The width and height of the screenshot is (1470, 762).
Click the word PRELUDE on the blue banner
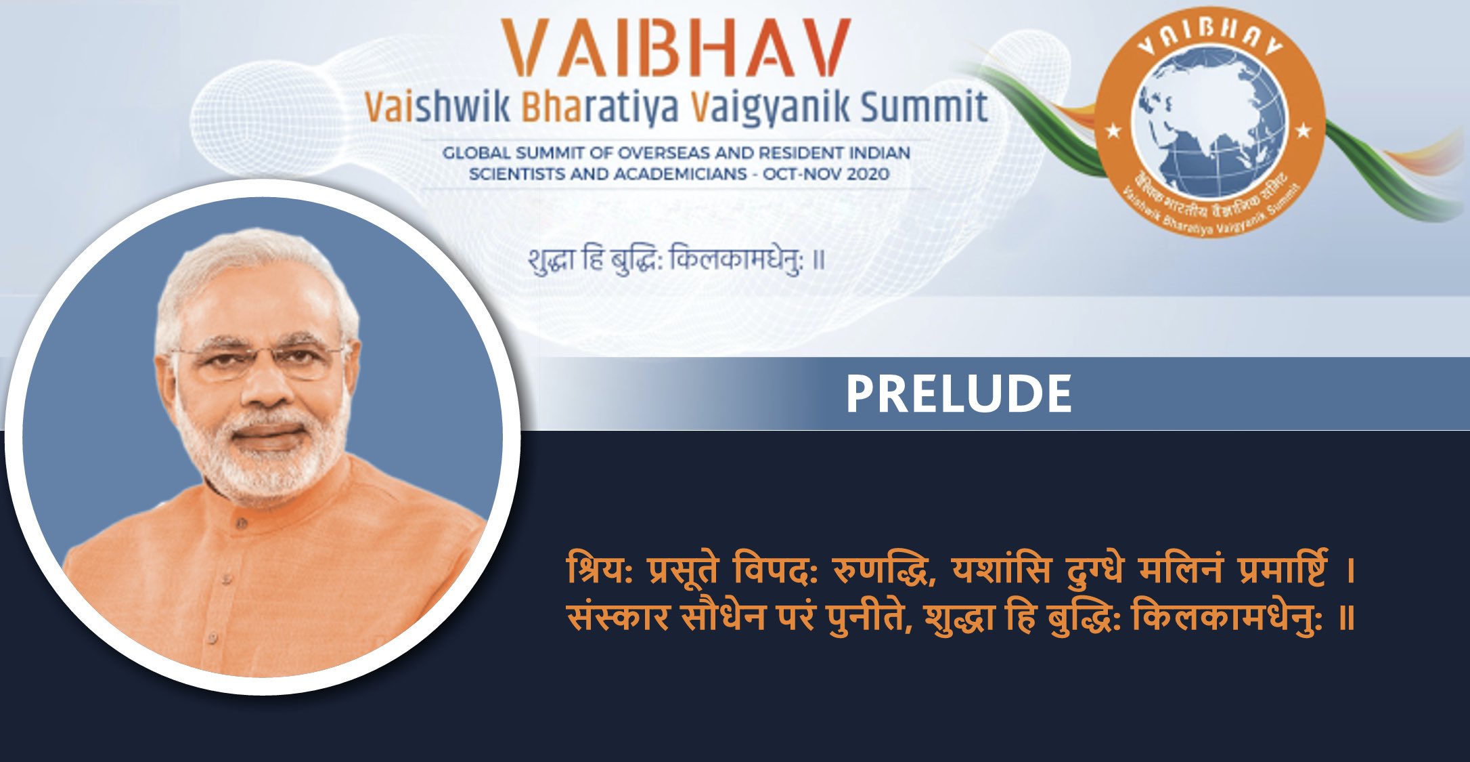[x=958, y=394]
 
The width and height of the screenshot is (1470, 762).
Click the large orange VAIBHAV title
[x=675, y=49]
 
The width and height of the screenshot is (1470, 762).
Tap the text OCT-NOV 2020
[x=826, y=174]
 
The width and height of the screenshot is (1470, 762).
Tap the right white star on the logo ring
[x=1304, y=129]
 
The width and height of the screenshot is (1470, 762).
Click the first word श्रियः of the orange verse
[x=600, y=570]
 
